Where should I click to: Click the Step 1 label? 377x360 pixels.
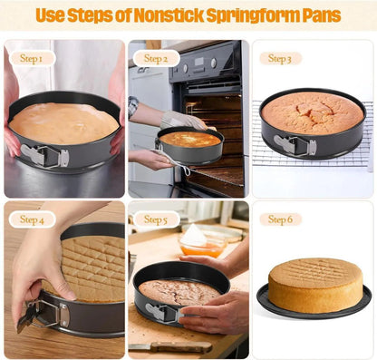pos(32,58)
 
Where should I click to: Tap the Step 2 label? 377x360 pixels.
pos(156,58)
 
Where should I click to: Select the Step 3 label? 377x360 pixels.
pos(280,59)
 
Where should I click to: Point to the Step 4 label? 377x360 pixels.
pos(32,219)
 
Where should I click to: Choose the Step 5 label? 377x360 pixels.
pos(156,219)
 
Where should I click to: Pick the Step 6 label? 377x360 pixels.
pos(280,219)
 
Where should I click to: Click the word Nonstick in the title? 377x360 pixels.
pos(168,15)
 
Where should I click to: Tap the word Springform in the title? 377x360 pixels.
pos(256,15)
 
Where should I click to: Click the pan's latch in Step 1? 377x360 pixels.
pos(44,156)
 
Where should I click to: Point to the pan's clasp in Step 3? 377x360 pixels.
pos(295,145)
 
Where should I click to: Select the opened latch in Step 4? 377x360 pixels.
pos(43,316)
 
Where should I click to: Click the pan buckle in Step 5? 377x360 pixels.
pos(164,312)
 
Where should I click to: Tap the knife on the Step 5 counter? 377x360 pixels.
pos(170,347)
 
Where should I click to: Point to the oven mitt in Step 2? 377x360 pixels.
pos(183,121)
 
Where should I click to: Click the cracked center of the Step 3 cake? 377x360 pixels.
pos(315,112)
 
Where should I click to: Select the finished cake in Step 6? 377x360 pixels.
pos(315,285)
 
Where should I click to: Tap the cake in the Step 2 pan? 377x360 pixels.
pos(190,140)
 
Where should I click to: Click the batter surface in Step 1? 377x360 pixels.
pos(63,123)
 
